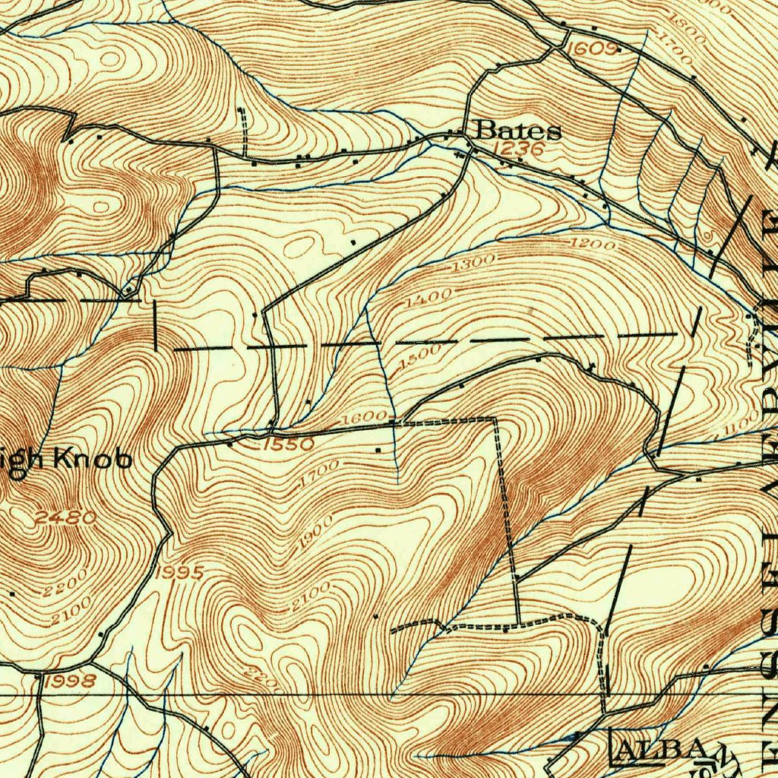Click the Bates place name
(x=518, y=131)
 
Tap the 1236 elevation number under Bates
(x=519, y=149)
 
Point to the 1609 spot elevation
(x=593, y=48)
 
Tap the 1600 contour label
(x=365, y=419)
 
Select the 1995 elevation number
(x=179, y=572)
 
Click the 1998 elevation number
(x=70, y=681)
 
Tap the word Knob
(x=93, y=460)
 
